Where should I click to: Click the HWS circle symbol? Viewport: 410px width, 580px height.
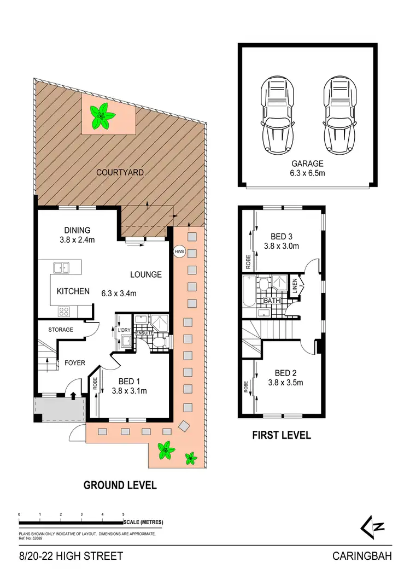click(x=179, y=251)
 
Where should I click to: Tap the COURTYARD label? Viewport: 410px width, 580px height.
click(x=120, y=172)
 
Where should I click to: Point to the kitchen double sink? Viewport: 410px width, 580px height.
click(x=61, y=268)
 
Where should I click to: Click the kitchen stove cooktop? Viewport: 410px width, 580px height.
click(x=64, y=312)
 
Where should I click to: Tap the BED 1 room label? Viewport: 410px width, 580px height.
click(x=130, y=381)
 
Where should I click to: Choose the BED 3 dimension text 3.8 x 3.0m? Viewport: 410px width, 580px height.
click(x=282, y=246)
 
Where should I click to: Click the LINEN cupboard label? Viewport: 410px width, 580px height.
click(x=295, y=287)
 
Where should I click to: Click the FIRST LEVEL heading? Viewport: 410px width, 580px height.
click(x=282, y=435)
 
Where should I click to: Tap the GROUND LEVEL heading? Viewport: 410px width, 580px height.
click(x=120, y=484)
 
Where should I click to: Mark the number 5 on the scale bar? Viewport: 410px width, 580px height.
click(x=124, y=515)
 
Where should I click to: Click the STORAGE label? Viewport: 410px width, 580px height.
click(x=61, y=330)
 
